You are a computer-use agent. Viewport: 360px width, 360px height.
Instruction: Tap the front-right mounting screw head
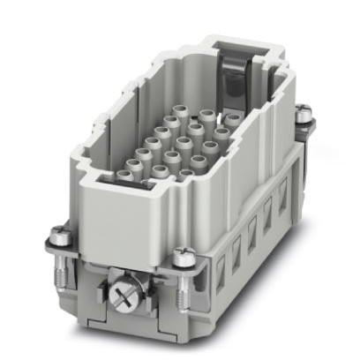(x=183, y=257)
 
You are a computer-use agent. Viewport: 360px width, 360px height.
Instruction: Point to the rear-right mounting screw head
(x=304, y=112)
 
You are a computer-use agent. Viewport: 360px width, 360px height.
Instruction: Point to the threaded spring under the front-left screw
(x=64, y=258)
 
